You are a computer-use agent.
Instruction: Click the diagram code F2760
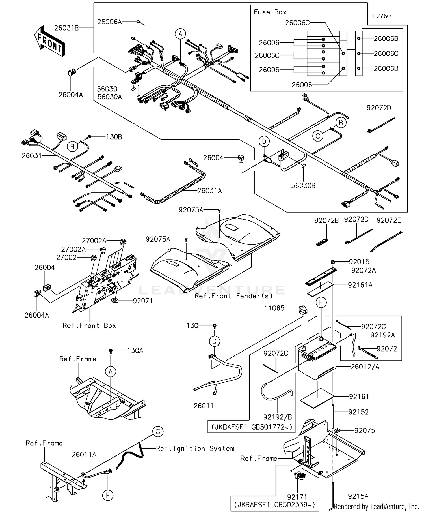381,16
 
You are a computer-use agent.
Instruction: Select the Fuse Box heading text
270,12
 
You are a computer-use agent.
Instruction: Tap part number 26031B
66,28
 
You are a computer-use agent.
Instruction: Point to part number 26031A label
209,191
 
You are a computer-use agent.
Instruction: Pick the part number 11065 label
274,308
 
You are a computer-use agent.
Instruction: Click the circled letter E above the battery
321,303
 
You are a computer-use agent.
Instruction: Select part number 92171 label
297,497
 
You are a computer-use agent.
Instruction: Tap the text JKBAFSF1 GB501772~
252,427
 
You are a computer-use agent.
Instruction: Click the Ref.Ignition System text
195,449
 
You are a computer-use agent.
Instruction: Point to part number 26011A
84,455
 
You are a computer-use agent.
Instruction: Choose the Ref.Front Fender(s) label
233,296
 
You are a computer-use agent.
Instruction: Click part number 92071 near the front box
143,301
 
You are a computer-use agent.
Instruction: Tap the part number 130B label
114,137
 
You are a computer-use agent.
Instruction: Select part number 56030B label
303,186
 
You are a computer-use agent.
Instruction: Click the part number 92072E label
388,220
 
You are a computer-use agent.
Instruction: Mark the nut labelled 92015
333,262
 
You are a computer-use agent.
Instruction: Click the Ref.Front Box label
89,325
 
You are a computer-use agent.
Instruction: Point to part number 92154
358,496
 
